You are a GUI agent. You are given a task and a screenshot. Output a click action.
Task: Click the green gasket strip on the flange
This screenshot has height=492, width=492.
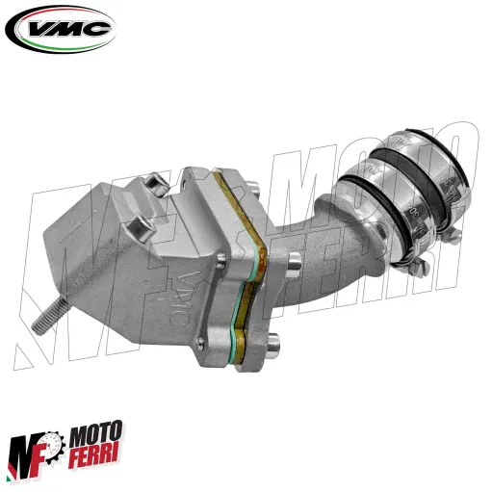click(258, 269)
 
